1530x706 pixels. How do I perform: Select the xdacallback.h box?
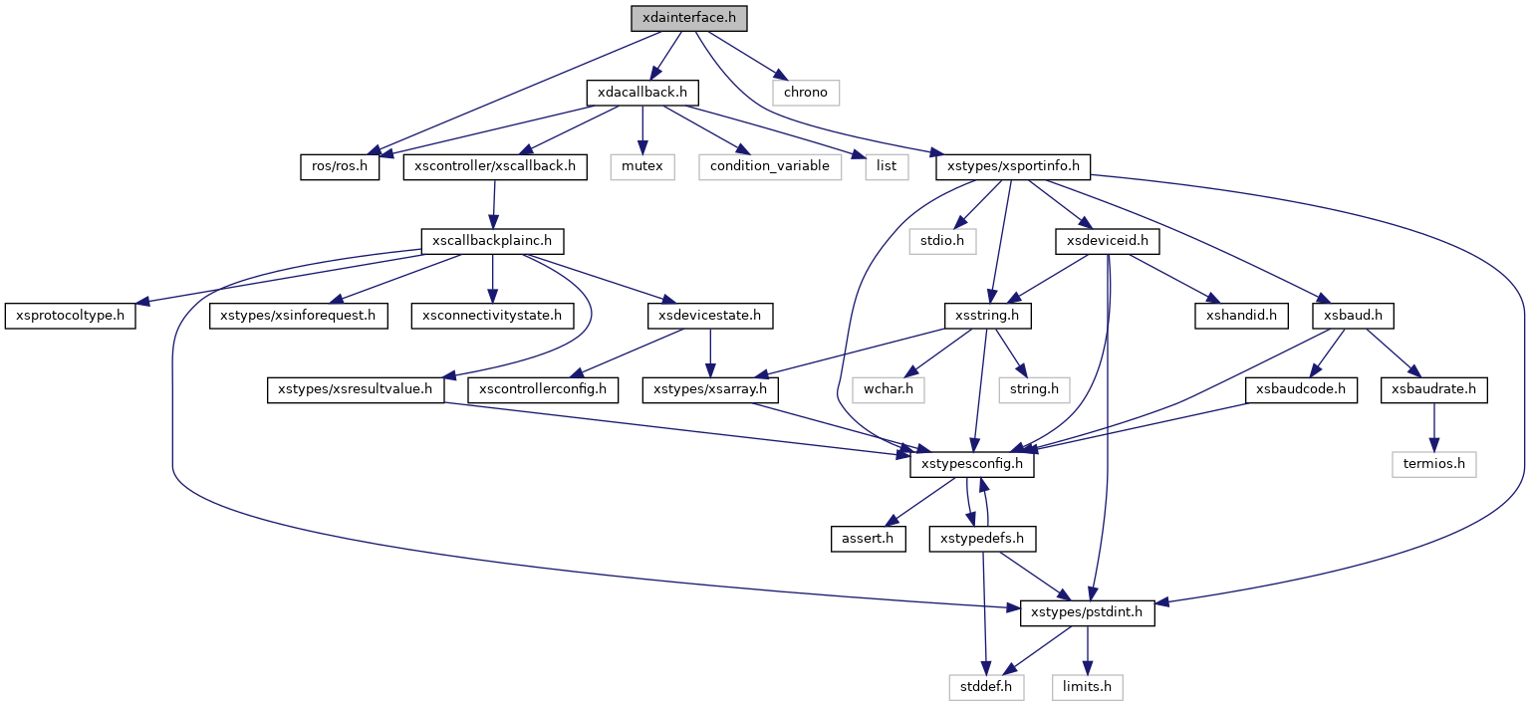641,93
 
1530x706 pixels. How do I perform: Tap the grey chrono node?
806,93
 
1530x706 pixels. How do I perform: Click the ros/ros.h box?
340,166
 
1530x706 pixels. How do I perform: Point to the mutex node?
642,166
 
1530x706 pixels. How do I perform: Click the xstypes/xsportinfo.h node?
1013,166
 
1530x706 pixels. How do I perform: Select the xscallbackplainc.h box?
492,241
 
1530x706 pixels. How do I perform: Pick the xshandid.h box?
1241,316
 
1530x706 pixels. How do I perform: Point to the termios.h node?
1434,464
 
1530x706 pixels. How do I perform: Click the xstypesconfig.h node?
972,464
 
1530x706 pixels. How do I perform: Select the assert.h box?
869,539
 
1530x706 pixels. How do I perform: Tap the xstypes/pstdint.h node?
1087,613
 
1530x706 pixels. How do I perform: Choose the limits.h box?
1087,687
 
